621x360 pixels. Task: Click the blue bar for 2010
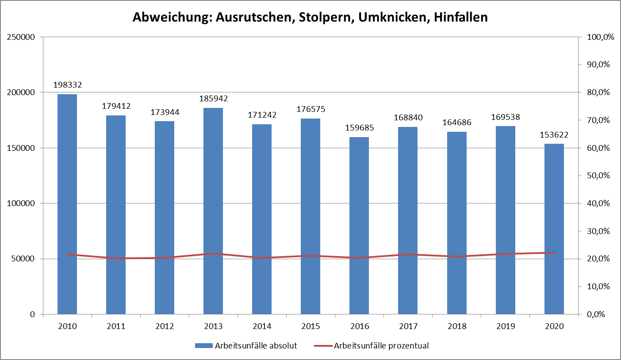(67, 203)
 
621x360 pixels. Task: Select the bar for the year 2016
(359, 226)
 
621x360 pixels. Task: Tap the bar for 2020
(554, 229)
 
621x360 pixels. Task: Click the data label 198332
(67, 84)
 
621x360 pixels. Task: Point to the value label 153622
(554, 134)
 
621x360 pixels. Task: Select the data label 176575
(310, 109)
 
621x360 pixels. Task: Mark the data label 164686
(456, 122)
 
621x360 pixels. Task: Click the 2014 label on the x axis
(262, 326)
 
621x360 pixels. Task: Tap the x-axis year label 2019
(505, 326)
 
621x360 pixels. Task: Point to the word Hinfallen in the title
(461, 18)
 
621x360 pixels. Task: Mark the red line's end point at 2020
(554, 253)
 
